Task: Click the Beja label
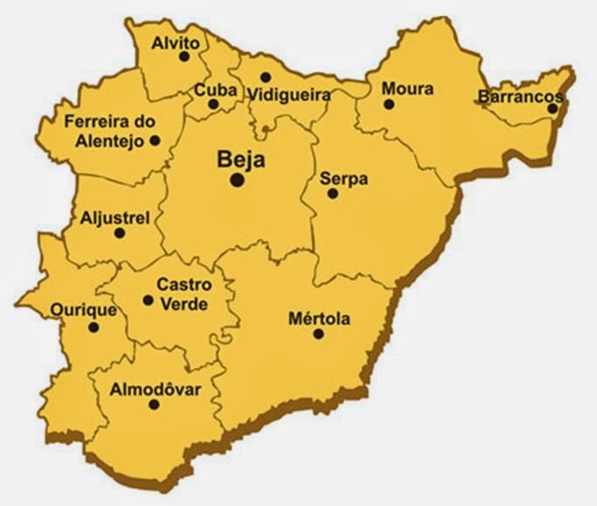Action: click(x=239, y=160)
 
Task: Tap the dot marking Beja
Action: click(x=237, y=179)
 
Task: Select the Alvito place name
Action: click(x=176, y=42)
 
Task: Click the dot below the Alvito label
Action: click(x=184, y=57)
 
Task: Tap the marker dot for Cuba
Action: click(x=213, y=104)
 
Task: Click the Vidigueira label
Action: click(x=288, y=94)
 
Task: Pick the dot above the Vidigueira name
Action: click(x=266, y=78)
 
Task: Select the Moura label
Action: click(x=407, y=88)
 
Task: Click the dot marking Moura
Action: click(x=389, y=104)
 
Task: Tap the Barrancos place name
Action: click(x=518, y=96)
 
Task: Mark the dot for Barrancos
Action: click(x=552, y=108)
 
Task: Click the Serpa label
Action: click(x=344, y=178)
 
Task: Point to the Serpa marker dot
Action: click(x=332, y=193)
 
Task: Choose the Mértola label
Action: click(x=319, y=319)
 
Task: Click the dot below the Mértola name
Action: click(x=318, y=334)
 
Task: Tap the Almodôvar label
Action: click(x=156, y=389)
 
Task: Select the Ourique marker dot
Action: click(x=94, y=328)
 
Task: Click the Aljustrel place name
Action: click(x=115, y=217)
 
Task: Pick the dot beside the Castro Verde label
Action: click(x=148, y=301)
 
